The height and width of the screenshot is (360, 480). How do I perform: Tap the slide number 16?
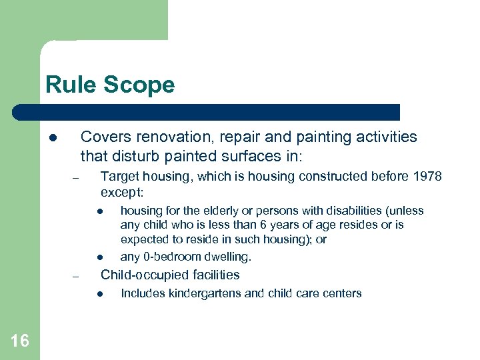coord(19,341)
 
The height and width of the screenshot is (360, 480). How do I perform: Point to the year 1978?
coord(427,177)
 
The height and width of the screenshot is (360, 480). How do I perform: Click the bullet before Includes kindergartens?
coord(99,294)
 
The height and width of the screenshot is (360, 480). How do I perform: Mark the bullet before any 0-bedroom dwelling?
coord(99,257)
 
